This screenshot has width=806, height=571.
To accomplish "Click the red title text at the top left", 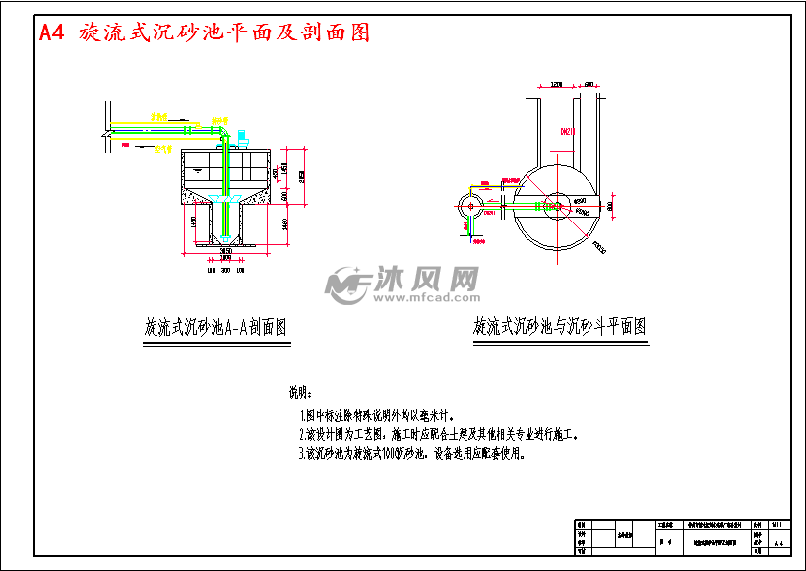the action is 204,32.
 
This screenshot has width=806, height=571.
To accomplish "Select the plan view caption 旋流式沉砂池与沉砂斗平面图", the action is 559,326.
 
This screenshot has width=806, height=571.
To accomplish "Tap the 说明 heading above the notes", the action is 298,392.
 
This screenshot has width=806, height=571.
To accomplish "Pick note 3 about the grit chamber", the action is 412,454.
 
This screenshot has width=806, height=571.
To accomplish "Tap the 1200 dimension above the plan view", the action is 556,86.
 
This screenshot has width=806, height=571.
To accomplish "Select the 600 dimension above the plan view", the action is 589,86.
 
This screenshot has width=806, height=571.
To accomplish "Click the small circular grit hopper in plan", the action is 471,206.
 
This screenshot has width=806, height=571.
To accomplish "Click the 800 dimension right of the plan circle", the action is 611,206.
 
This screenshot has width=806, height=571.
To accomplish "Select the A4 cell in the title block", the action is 779,542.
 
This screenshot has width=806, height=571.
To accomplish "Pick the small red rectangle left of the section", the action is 126,144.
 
